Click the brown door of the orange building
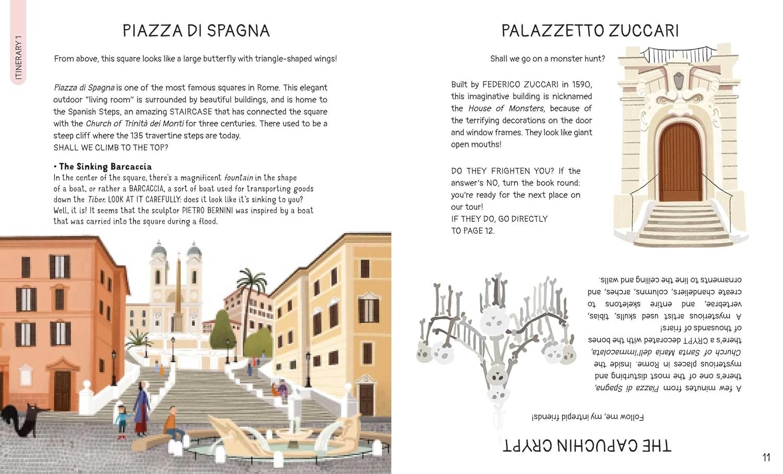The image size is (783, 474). pos(62,390)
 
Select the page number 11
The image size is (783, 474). pos(766,458)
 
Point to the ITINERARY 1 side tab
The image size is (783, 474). pos(18,57)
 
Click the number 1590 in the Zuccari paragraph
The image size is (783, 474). pos(582,85)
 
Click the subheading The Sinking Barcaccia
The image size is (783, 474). pos(105,167)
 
